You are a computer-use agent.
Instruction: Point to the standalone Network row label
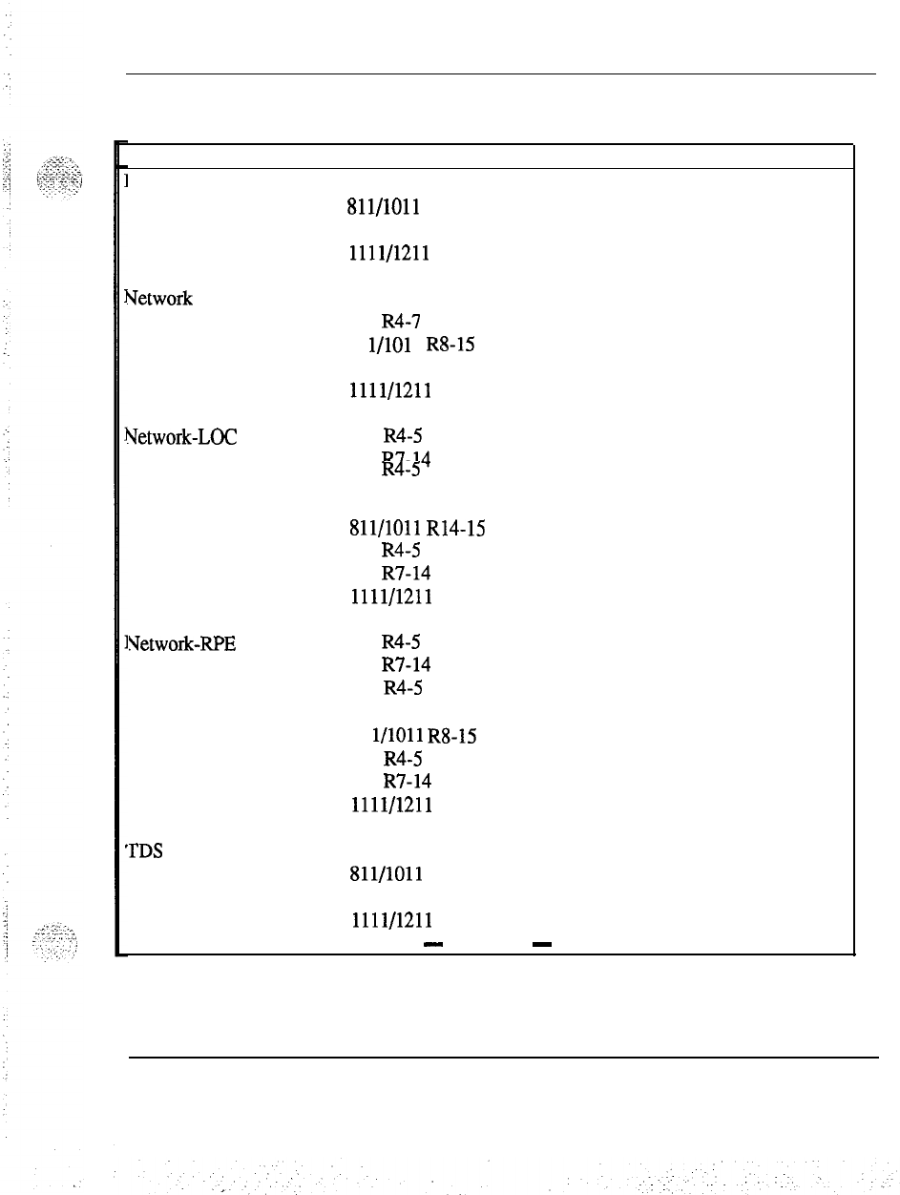click(x=157, y=299)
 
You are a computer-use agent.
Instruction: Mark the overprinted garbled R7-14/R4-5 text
click(x=406, y=463)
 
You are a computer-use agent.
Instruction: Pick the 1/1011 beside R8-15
click(x=396, y=736)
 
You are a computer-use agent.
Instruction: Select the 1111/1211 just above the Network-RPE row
click(x=391, y=597)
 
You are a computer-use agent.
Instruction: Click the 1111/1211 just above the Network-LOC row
click(x=391, y=390)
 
